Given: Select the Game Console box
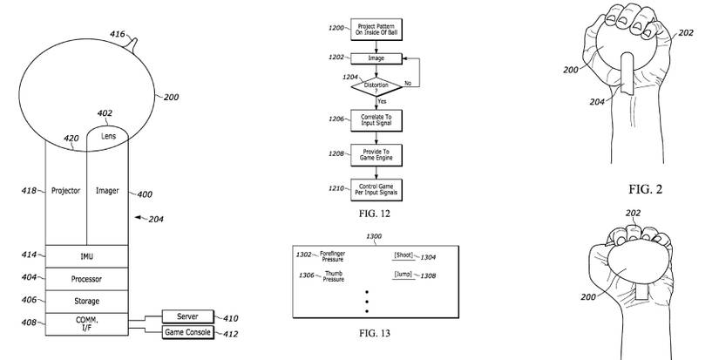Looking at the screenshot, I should pyautogui.click(x=187, y=332).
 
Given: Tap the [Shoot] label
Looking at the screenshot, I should pyautogui.click(x=404, y=255).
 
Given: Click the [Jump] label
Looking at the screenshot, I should pyautogui.click(x=403, y=275).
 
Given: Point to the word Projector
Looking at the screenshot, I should pyautogui.click(x=65, y=189).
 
